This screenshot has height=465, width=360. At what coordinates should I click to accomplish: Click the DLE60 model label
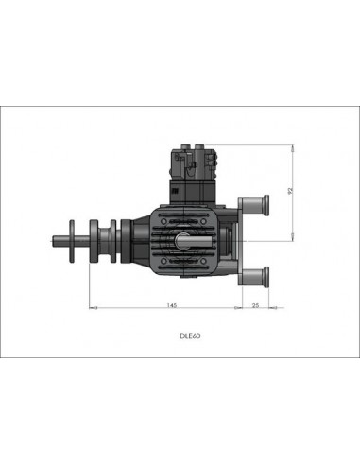190,335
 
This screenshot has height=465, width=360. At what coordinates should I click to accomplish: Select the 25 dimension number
256,303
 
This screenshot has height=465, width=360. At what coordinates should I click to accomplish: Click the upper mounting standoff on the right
254,202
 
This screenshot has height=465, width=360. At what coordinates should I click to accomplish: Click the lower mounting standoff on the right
254,277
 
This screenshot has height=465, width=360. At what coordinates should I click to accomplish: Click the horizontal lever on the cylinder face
194,241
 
